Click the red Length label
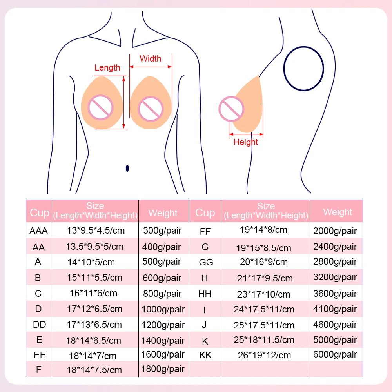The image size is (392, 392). (x=107, y=67)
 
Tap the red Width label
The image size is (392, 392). (x=151, y=58)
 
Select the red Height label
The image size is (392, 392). (x=246, y=142)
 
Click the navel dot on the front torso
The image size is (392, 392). (x=127, y=169)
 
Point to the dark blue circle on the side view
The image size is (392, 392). (x=304, y=68)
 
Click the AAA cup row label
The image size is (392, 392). (x=38, y=231)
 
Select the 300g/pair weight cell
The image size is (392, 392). (x=162, y=230)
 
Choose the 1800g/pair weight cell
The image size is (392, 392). (x=163, y=369)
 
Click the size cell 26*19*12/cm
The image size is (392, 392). (x=265, y=356)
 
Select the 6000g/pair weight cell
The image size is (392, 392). (x=335, y=354)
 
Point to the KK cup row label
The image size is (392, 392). (x=206, y=356)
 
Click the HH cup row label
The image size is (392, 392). (x=206, y=294)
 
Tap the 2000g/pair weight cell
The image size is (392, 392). (x=335, y=231)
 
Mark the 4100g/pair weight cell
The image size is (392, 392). (x=335, y=309)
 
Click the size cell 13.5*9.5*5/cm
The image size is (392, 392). (x=95, y=247)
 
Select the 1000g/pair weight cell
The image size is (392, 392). (x=163, y=309)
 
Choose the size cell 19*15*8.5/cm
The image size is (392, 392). (x=263, y=247)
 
